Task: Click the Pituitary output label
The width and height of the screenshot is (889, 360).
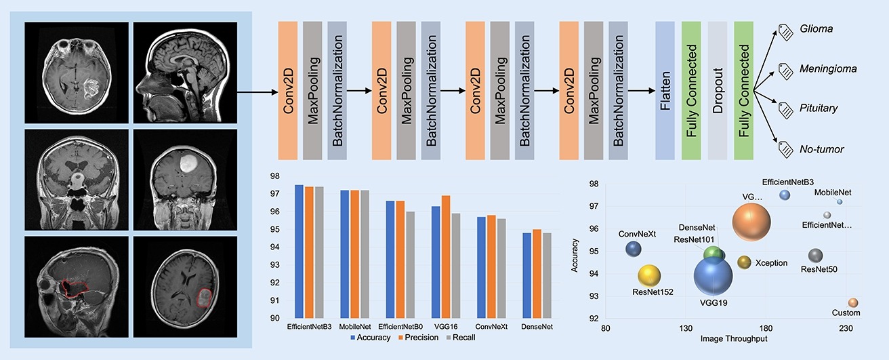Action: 818,108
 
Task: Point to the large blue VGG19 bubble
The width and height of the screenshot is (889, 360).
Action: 713,277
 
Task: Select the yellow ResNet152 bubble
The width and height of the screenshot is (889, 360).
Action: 649,275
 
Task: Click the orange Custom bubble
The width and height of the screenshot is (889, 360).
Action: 853,302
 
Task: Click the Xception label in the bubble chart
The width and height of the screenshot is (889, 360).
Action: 771,262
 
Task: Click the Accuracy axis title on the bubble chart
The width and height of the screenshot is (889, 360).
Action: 575,254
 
